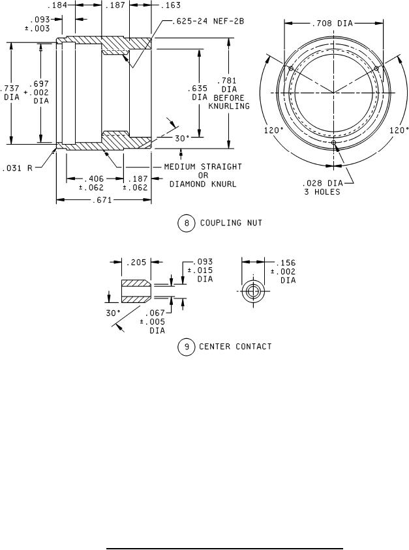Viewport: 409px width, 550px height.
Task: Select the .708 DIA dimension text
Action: (x=333, y=23)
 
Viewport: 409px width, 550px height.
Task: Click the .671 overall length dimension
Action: (x=104, y=200)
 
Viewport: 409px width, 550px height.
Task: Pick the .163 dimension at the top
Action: (x=171, y=5)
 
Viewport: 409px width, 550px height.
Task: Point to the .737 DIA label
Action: (x=12, y=92)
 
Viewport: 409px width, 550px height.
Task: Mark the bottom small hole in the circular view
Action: (x=333, y=142)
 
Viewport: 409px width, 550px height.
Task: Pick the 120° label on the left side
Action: (x=273, y=130)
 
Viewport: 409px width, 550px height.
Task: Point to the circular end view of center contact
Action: (x=251, y=292)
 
